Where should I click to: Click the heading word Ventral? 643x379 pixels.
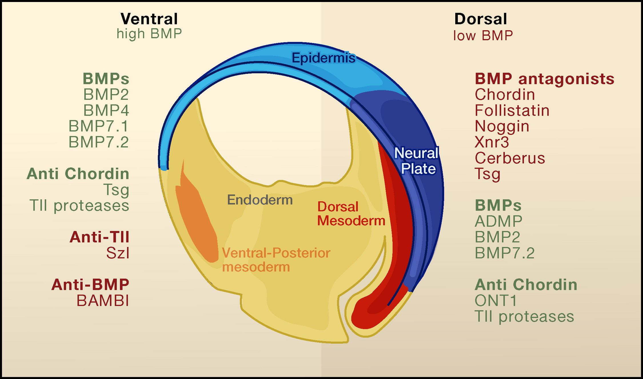[x=149, y=19]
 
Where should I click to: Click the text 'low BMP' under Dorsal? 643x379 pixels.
[x=483, y=36]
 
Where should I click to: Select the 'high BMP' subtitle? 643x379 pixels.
[x=149, y=34]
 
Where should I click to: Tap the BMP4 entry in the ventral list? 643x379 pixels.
[x=106, y=110]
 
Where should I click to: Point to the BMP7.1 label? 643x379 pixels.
[x=99, y=126]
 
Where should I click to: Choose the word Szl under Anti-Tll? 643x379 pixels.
[x=118, y=253]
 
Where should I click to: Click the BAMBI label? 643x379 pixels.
[x=103, y=301]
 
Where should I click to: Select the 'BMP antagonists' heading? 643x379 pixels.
[x=544, y=79]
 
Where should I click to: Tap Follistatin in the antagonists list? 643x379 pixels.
[x=512, y=111]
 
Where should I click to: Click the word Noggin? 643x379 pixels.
[x=502, y=126]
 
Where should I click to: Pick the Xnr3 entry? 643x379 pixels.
[x=492, y=142]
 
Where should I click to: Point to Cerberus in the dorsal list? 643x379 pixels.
[x=510, y=158]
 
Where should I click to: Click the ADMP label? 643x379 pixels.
[x=499, y=221]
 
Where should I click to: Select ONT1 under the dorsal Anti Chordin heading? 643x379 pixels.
[x=496, y=301]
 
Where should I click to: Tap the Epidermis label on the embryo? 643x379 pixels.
[x=324, y=58]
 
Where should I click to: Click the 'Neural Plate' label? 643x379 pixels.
[x=417, y=161]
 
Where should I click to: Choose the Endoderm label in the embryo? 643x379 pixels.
[x=260, y=200]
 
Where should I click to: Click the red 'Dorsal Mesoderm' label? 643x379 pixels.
[x=351, y=214]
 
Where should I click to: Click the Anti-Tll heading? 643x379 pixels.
[x=99, y=237]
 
